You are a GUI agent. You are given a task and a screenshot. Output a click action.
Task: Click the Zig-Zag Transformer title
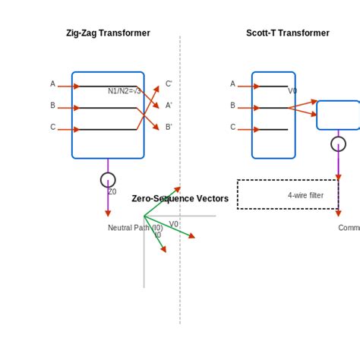click(x=108, y=33)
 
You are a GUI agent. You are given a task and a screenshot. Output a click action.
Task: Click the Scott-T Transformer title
click(x=288, y=33)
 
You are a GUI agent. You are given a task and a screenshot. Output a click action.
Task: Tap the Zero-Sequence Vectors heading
click(x=180, y=199)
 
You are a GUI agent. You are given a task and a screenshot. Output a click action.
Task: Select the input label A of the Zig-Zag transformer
click(x=52, y=84)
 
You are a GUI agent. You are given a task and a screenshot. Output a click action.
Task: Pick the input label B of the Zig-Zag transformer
click(x=52, y=106)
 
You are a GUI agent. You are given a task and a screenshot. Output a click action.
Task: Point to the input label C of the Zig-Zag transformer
click(x=52, y=127)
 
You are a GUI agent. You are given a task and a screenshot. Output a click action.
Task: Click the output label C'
click(x=169, y=84)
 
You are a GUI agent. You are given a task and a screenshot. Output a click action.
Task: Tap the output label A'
click(x=169, y=106)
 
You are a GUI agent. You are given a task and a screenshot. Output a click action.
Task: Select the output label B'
click(x=169, y=127)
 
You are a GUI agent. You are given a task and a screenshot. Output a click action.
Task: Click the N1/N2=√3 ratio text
click(x=124, y=91)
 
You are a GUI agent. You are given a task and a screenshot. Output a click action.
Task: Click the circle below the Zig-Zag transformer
click(x=108, y=180)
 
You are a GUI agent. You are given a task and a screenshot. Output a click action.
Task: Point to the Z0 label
click(x=112, y=192)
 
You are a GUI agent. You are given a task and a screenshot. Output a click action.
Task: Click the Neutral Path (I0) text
click(x=135, y=228)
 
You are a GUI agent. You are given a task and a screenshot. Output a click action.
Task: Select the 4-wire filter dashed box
click(x=288, y=194)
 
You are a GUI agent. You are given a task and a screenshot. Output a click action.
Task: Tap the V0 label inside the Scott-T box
click(x=292, y=91)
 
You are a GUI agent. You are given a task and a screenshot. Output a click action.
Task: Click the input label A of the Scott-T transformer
click(x=232, y=84)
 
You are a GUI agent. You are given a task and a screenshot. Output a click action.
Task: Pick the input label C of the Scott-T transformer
click(x=232, y=127)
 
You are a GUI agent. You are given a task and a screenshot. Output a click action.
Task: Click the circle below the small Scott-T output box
click(x=338, y=144)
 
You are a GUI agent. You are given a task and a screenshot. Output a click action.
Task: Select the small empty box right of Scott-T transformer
click(x=338, y=115)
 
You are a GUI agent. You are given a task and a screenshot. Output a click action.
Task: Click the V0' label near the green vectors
click(x=175, y=224)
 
